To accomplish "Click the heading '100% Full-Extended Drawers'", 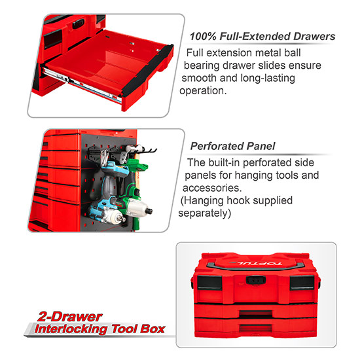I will tap(262, 37).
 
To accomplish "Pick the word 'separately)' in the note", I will tap(204, 213).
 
